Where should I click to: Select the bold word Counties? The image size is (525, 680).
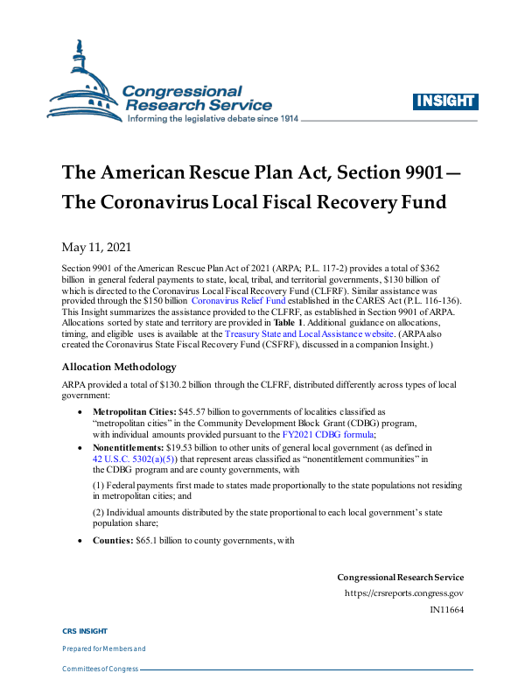point(112,541)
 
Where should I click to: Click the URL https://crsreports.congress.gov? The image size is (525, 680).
point(404,593)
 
